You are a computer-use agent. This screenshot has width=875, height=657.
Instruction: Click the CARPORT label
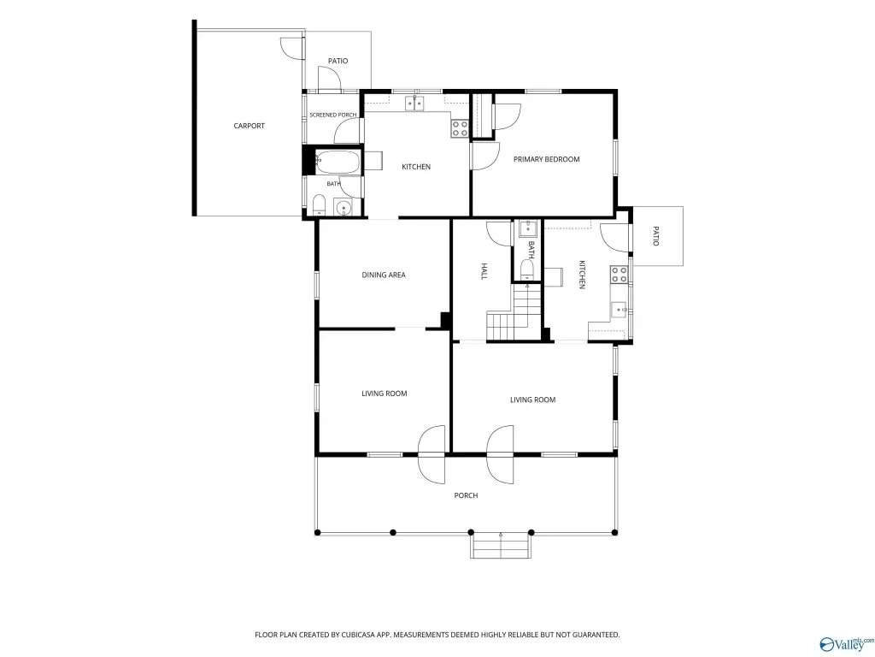click(249, 126)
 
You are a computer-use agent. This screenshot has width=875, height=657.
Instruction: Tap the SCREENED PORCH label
click(333, 115)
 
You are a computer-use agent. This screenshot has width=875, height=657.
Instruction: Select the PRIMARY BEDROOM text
click(546, 159)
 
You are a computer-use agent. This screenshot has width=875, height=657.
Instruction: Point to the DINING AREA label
click(384, 275)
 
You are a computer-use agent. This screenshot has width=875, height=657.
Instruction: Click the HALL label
click(484, 271)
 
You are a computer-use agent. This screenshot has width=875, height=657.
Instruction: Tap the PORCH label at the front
click(466, 495)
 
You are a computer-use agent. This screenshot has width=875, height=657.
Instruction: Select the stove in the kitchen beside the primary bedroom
click(460, 128)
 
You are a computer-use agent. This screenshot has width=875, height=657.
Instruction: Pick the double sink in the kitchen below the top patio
click(414, 104)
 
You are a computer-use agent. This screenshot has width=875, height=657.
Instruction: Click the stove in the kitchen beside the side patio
click(619, 275)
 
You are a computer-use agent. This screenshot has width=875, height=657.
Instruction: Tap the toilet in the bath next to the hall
click(527, 270)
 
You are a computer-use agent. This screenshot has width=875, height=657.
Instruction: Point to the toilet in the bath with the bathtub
click(319, 205)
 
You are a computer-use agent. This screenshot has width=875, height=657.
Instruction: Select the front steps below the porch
click(501, 546)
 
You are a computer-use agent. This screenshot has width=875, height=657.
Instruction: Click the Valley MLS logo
click(847, 643)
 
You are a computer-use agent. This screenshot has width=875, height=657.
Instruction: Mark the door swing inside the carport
click(292, 49)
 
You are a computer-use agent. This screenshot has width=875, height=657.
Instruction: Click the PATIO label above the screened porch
click(338, 61)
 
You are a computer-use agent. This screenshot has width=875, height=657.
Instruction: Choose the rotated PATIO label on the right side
click(655, 236)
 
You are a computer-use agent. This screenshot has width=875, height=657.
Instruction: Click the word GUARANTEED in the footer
click(597, 635)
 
